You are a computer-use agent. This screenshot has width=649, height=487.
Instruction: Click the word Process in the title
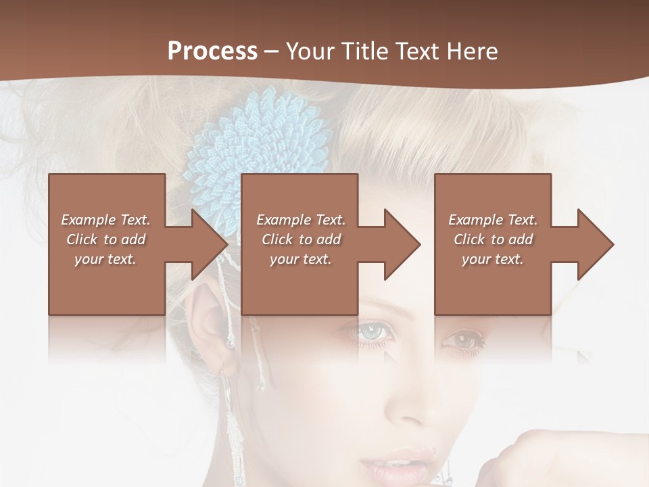(x=212, y=51)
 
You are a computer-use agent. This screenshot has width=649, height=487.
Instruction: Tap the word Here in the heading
(x=471, y=51)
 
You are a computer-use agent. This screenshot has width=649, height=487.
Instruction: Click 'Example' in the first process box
(x=89, y=220)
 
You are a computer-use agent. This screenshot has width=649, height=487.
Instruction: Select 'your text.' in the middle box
(x=300, y=259)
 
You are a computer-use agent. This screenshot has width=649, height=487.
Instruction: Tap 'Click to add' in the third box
(x=493, y=239)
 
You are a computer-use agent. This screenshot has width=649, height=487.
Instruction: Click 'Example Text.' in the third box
(x=493, y=220)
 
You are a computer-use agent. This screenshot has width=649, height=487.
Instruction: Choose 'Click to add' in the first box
(x=106, y=239)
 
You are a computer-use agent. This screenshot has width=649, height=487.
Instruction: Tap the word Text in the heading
(x=418, y=51)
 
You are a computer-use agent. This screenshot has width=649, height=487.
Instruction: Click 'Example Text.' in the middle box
(x=300, y=220)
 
